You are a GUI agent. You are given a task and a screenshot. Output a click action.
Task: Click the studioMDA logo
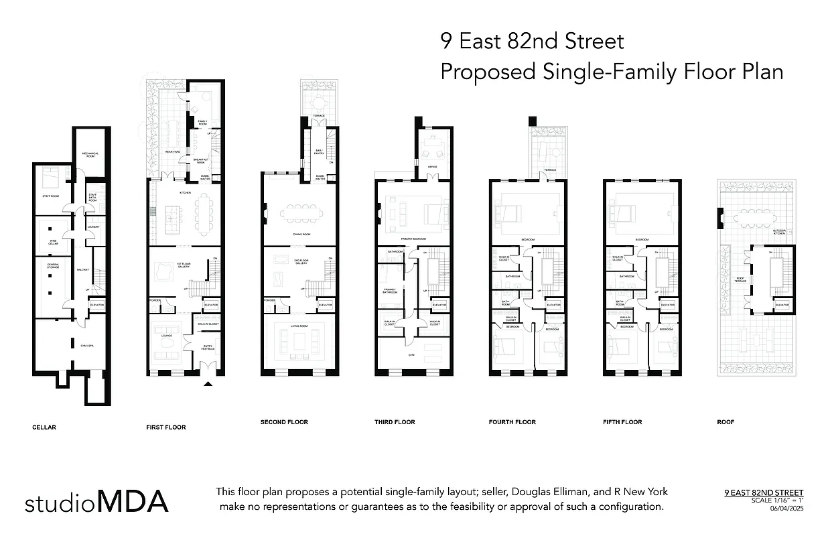(96, 502)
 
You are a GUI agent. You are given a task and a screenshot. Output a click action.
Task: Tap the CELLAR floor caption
(44, 427)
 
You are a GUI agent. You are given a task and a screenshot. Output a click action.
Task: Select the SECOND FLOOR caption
(284, 422)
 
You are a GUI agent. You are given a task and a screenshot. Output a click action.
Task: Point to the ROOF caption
(726, 422)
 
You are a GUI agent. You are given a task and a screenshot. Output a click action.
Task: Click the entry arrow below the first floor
(208, 384)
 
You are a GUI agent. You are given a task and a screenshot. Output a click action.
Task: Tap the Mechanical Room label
(90, 155)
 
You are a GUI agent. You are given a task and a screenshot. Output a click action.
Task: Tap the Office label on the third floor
(433, 167)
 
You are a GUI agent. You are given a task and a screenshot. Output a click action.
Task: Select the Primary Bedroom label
(413, 239)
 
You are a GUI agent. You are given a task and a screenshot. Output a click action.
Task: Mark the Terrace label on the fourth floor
(549, 170)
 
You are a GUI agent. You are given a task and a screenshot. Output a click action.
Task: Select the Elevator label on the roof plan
(782, 305)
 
